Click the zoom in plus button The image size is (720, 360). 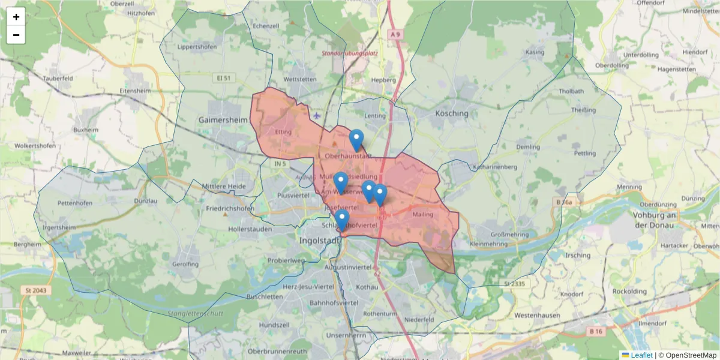click(16, 17)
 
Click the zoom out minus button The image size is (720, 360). click(16, 35)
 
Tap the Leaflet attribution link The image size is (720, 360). click(641, 355)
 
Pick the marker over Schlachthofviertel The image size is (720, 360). click(342, 220)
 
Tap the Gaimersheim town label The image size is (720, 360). click(223, 120)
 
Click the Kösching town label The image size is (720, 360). click(452, 113)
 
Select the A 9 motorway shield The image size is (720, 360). click(394, 35)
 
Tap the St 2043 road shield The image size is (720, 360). click(37, 290)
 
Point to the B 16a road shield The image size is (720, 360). click(564, 202)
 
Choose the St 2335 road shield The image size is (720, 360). click(515, 284)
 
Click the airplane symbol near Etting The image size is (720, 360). click(316, 115)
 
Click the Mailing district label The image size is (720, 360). click(423, 214)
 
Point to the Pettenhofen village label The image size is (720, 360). click(75, 203)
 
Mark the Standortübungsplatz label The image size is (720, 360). click(350, 53)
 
